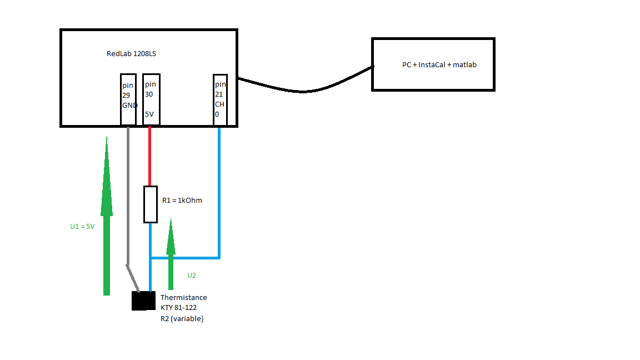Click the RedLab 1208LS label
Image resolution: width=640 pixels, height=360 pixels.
(131, 53)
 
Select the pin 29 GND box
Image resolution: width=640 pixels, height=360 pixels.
(128, 99)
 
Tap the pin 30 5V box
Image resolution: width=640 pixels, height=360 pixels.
(151, 99)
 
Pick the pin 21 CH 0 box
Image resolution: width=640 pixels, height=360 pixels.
(220, 100)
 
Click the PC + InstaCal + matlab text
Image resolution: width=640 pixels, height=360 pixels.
(439, 64)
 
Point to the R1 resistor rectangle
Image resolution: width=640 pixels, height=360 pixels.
(151, 204)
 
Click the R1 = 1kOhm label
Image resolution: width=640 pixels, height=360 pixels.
(182, 200)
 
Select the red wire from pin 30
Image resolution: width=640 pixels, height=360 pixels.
(150, 156)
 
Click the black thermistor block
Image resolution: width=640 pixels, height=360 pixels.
(143, 301)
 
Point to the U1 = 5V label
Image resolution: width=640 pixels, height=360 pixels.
(82, 227)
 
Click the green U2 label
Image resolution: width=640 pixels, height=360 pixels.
(192, 276)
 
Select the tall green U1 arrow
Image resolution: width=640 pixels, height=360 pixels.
(107, 216)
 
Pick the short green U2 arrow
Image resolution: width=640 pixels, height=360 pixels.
(171, 254)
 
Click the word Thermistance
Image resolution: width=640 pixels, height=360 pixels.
(184, 298)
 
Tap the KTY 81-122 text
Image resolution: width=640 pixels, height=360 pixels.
(178, 308)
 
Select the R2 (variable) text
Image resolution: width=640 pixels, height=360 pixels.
(182, 318)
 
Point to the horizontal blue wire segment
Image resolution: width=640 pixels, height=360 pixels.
(186, 258)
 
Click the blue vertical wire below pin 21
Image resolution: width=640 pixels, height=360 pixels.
(219, 193)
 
